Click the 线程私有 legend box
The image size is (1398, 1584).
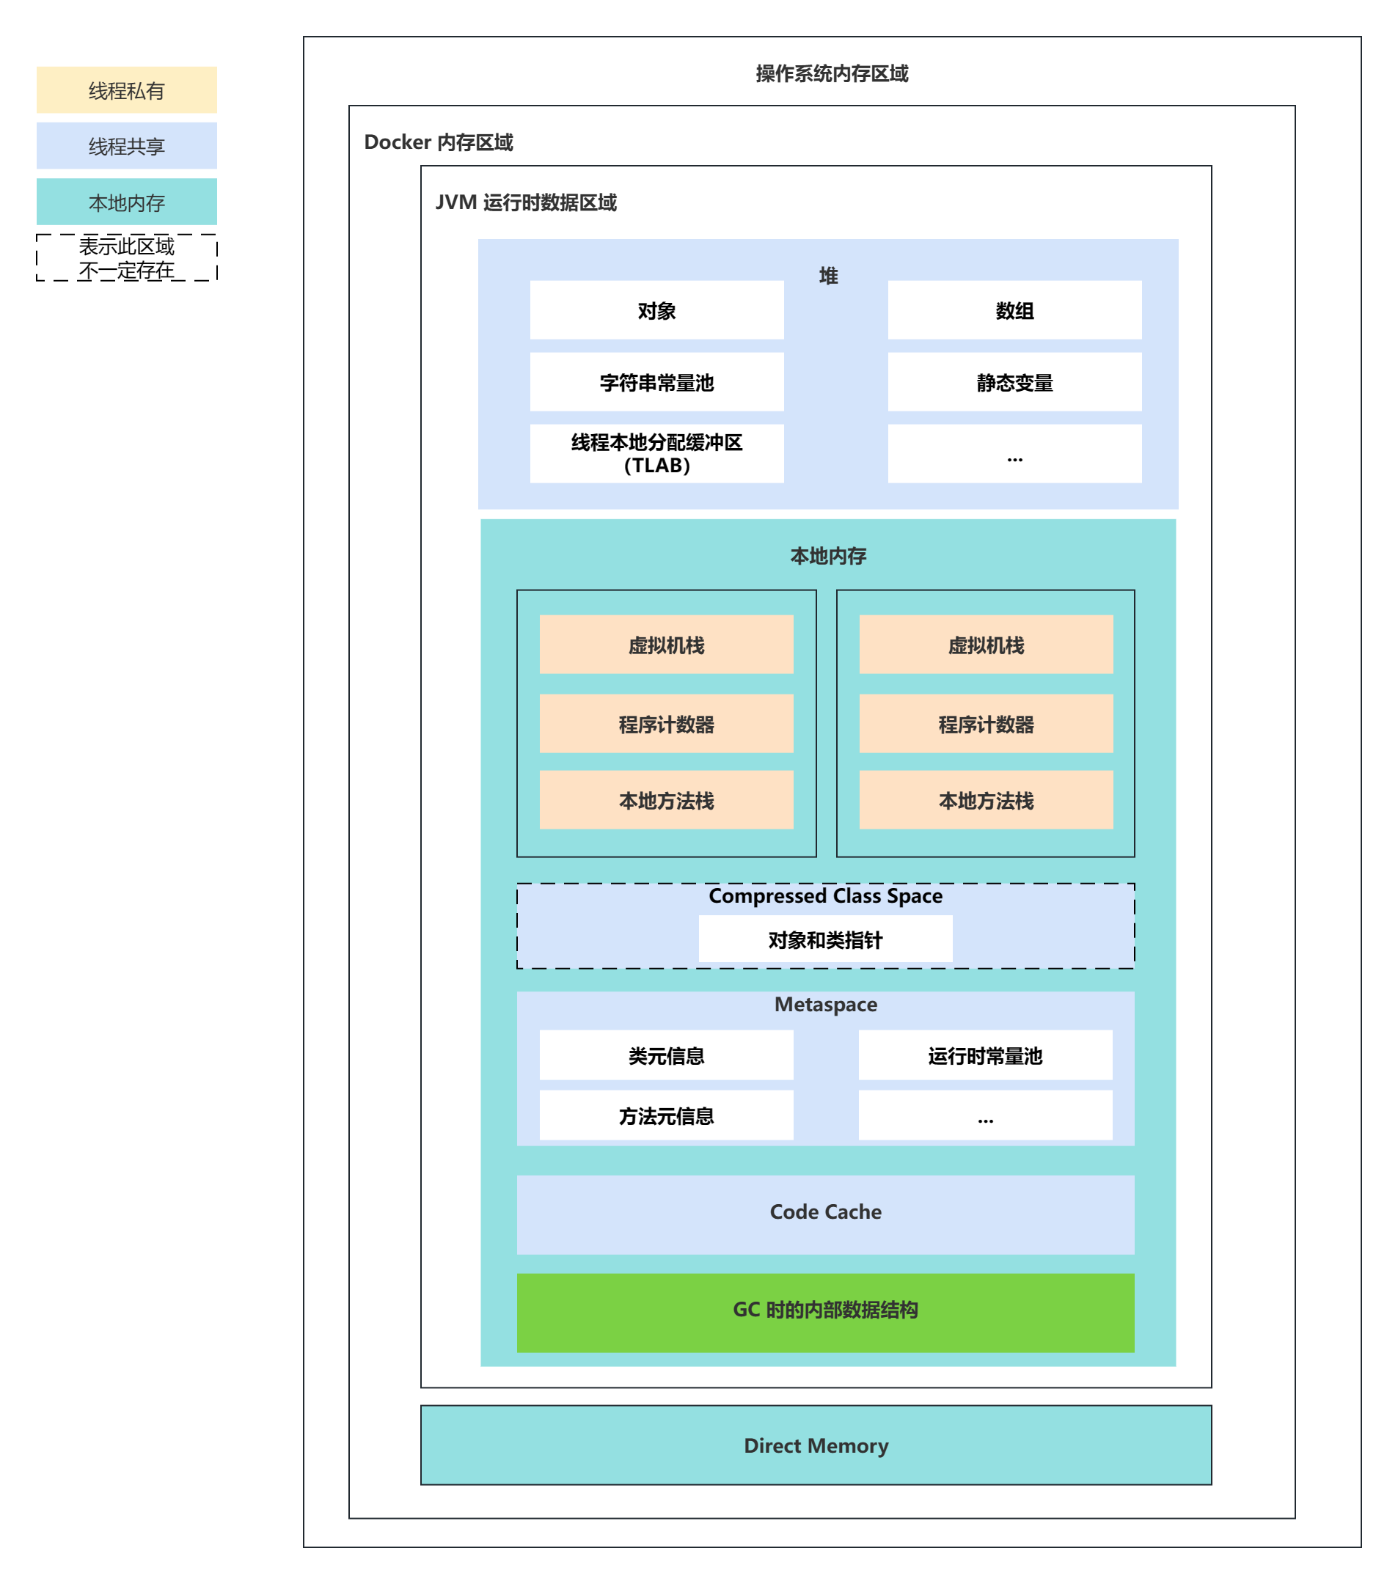coord(126,91)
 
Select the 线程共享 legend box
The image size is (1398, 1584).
coord(126,146)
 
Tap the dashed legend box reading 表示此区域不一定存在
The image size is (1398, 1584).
coord(126,258)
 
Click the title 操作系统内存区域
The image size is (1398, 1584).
coord(832,73)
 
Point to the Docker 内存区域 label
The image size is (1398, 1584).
coord(438,142)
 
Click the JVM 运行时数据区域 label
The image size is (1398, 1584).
coord(525,202)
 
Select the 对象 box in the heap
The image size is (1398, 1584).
coord(656,310)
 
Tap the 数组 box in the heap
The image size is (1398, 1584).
coord(1014,310)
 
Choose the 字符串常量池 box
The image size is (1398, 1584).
coord(656,382)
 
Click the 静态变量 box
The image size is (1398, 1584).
coord(1014,382)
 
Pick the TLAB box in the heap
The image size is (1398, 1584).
coord(656,453)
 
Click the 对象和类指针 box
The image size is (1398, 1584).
coord(825,939)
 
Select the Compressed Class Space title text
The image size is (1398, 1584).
coord(825,896)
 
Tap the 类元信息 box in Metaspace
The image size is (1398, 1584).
coord(666,1055)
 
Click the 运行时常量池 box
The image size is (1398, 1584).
coord(985,1055)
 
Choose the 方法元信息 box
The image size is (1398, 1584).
coord(666,1116)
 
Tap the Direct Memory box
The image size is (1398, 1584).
coord(816,1445)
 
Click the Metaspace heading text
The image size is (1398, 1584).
coord(825,1005)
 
